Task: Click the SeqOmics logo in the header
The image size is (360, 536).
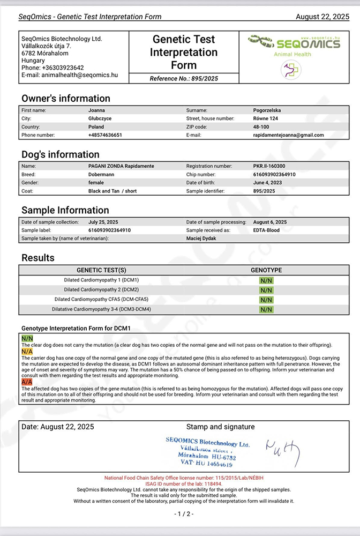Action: point(294,43)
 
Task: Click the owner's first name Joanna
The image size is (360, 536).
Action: point(97,110)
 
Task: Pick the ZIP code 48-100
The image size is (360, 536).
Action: point(262,127)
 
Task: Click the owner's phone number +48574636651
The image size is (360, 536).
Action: point(105,135)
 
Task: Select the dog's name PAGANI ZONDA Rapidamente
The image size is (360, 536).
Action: point(121,166)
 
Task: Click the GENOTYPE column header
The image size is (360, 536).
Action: point(266,270)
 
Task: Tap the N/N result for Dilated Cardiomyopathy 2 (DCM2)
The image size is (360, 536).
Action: point(266,290)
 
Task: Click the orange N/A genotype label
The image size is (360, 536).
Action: point(27,351)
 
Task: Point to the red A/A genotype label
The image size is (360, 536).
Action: point(27,382)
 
